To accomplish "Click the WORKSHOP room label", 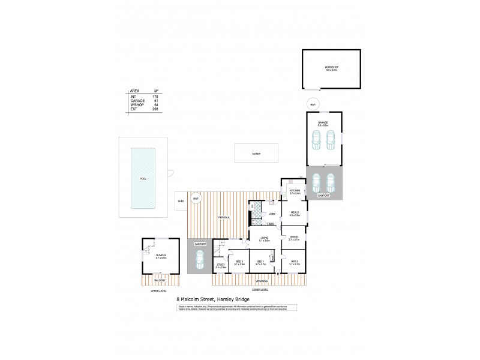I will (x=331, y=69).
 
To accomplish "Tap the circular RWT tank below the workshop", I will (x=312, y=104).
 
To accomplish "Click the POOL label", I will (x=143, y=178).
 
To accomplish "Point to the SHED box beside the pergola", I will (x=181, y=202).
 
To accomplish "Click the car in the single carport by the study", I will (x=199, y=259).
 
